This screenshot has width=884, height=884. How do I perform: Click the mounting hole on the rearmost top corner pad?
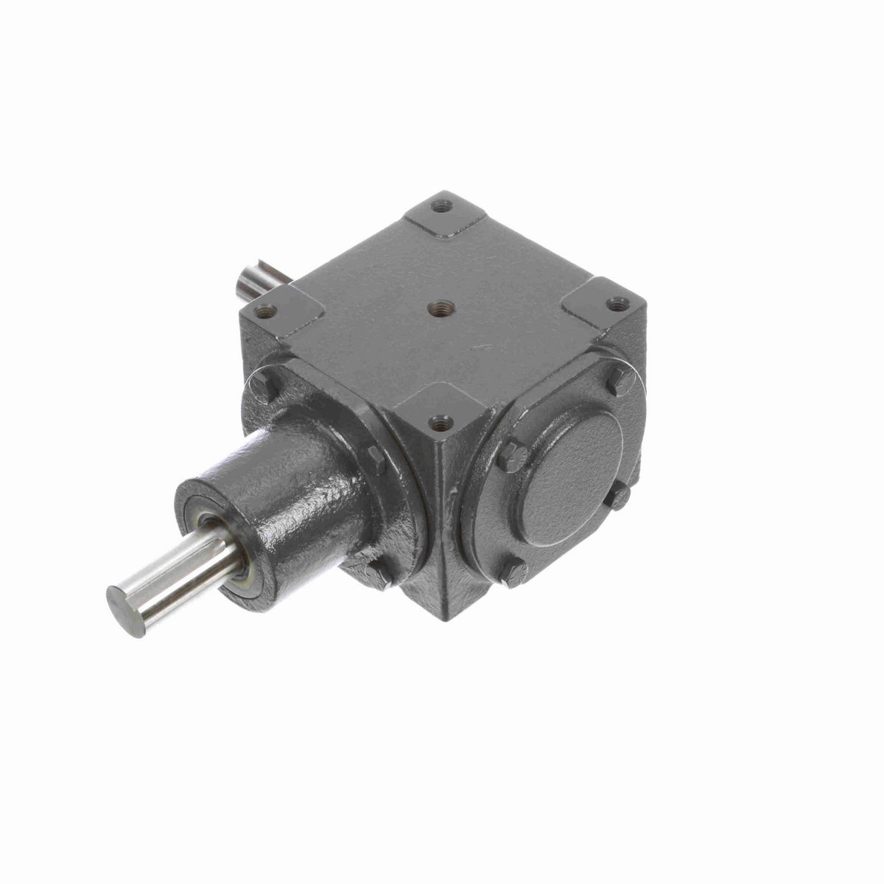click(441, 206)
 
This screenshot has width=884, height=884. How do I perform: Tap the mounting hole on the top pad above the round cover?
click(617, 302)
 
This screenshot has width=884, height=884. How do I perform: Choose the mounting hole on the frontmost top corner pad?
click(441, 422)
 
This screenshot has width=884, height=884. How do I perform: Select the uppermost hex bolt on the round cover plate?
click(621, 380)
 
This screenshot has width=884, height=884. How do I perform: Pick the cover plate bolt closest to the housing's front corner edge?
click(511, 457)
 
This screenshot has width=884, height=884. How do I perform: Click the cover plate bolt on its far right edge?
click(619, 495)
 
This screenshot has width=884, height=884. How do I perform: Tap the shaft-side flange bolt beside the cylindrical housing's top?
click(376, 460)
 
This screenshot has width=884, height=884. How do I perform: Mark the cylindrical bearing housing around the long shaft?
click(295, 501)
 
